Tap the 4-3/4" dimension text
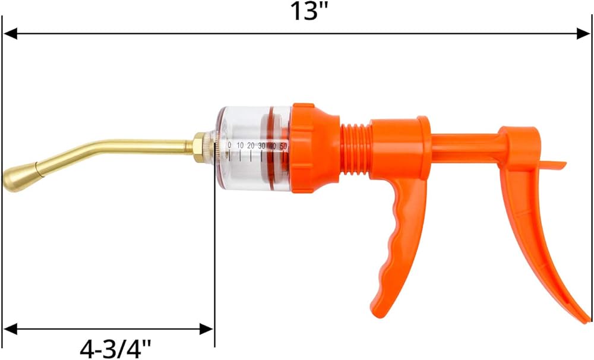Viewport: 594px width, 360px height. point(115,348)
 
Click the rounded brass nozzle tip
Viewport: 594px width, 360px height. point(20,178)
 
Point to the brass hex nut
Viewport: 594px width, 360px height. point(200,147)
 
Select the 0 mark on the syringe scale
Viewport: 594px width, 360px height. point(229,146)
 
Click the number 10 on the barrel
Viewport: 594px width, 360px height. point(240,146)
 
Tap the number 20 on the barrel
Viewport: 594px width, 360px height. point(251,146)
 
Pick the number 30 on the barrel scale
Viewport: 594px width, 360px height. point(261,146)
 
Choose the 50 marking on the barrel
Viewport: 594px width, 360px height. point(283,146)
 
